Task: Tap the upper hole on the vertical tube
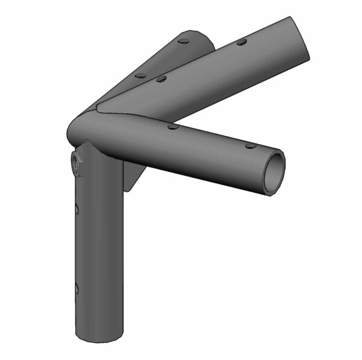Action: pos(77,209)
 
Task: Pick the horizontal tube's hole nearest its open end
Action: pos(250,146)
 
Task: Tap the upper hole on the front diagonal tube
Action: pos(241,42)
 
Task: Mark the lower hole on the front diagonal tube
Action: pos(160,78)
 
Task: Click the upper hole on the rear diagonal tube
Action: pos(185,42)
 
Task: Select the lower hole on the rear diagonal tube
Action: pos(140,76)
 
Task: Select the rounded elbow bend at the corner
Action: pos(81,127)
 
